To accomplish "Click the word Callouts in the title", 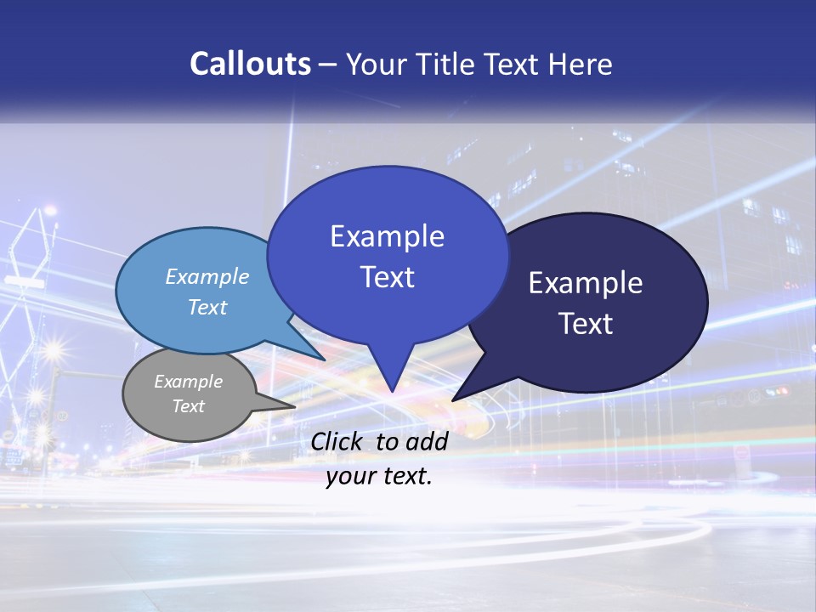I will pos(250,64).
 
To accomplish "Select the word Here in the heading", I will pos(582,64).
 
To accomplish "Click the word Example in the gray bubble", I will pos(188,382).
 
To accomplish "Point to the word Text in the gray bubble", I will pos(188,406).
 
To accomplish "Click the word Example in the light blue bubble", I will pos(207,276).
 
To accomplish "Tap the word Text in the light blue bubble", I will pos(207,307).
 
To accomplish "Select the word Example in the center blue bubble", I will pos(387,236).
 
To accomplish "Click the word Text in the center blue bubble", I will pos(387,277).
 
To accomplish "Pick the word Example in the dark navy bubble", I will pos(586,283).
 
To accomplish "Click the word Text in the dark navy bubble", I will pos(586,324).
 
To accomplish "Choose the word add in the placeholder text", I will pos(428,441).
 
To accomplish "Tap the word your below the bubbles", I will pos(349,476).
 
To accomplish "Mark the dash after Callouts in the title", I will pos(329,65).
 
